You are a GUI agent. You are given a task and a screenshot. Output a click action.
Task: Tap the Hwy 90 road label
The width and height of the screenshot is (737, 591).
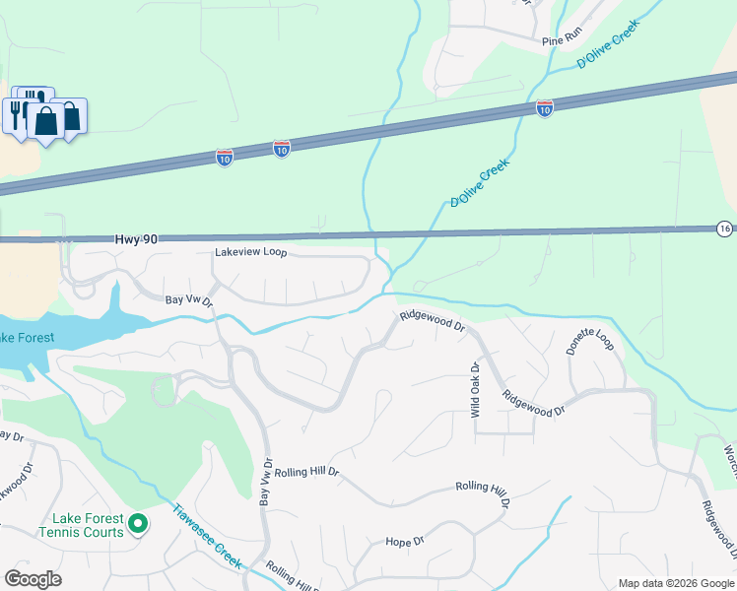137,238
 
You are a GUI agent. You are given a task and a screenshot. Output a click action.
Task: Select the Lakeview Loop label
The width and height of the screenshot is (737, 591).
250,253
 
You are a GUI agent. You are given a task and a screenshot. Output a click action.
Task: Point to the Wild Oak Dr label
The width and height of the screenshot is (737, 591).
475,390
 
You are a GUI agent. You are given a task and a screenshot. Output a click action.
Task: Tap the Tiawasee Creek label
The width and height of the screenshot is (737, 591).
208,536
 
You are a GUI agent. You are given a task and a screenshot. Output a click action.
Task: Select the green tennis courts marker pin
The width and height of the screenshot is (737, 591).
138,524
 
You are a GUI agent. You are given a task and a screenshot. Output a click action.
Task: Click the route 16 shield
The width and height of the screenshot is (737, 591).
725,229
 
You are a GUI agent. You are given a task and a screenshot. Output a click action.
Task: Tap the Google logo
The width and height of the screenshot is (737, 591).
33,579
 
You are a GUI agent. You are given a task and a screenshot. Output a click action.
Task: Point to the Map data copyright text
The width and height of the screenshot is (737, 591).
675,583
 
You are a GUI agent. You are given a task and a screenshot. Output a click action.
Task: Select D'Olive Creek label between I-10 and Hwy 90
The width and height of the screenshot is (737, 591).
480,183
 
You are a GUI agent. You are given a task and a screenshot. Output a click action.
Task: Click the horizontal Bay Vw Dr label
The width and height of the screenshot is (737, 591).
188,299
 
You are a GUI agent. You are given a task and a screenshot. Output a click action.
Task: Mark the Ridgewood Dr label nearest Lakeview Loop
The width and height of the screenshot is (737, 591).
432,321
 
